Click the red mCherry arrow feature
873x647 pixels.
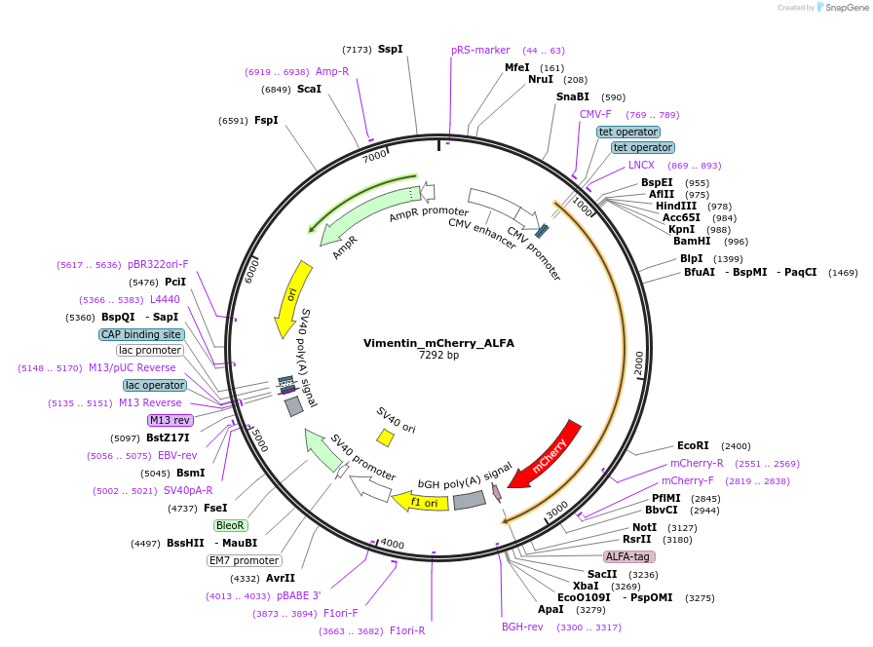tap(546, 453)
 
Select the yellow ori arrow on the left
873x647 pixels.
tap(293, 297)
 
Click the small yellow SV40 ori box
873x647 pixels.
tap(386, 438)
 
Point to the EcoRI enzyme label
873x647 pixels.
tap(693, 445)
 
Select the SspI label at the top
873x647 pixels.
tap(390, 49)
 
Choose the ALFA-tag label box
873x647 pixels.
tap(628, 556)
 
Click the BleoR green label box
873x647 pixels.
tap(231, 524)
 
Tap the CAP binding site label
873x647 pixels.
tap(141, 334)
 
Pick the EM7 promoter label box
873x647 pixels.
tap(244, 560)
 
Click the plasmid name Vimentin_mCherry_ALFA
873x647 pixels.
tap(438, 343)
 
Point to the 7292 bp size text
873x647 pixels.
tap(438, 356)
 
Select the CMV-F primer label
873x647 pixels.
tap(595, 114)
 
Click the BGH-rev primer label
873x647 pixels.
tap(522, 627)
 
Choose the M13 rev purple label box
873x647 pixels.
tap(170, 420)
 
